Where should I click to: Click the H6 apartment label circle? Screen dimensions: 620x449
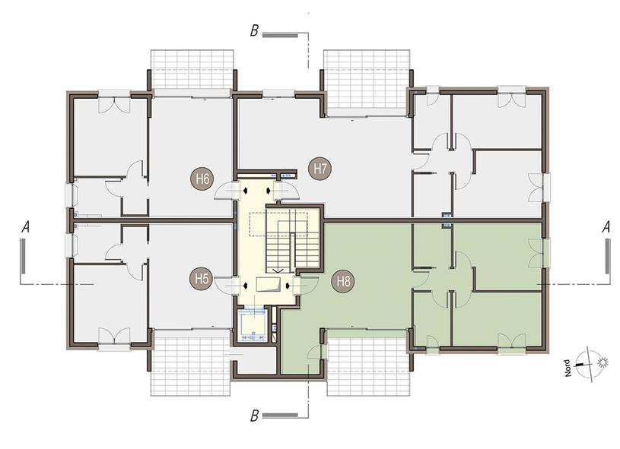tap(202, 179)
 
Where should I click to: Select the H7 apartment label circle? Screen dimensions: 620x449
tap(320, 169)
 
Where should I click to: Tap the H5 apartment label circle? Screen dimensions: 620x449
tap(202, 279)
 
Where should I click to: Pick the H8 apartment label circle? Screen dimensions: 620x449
tap(343, 282)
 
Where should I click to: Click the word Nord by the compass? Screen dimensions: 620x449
tap(568, 368)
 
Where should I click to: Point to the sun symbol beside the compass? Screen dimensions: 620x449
tap(603, 362)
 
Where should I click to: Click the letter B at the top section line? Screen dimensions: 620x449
tap(254, 31)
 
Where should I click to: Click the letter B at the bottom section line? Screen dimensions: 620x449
tap(254, 416)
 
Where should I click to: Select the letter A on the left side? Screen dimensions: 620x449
tap(26, 227)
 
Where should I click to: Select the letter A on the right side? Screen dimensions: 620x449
tap(606, 227)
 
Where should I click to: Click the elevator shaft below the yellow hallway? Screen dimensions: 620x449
tap(253, 324)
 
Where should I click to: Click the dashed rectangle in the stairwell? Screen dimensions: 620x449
tap(278, 225)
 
